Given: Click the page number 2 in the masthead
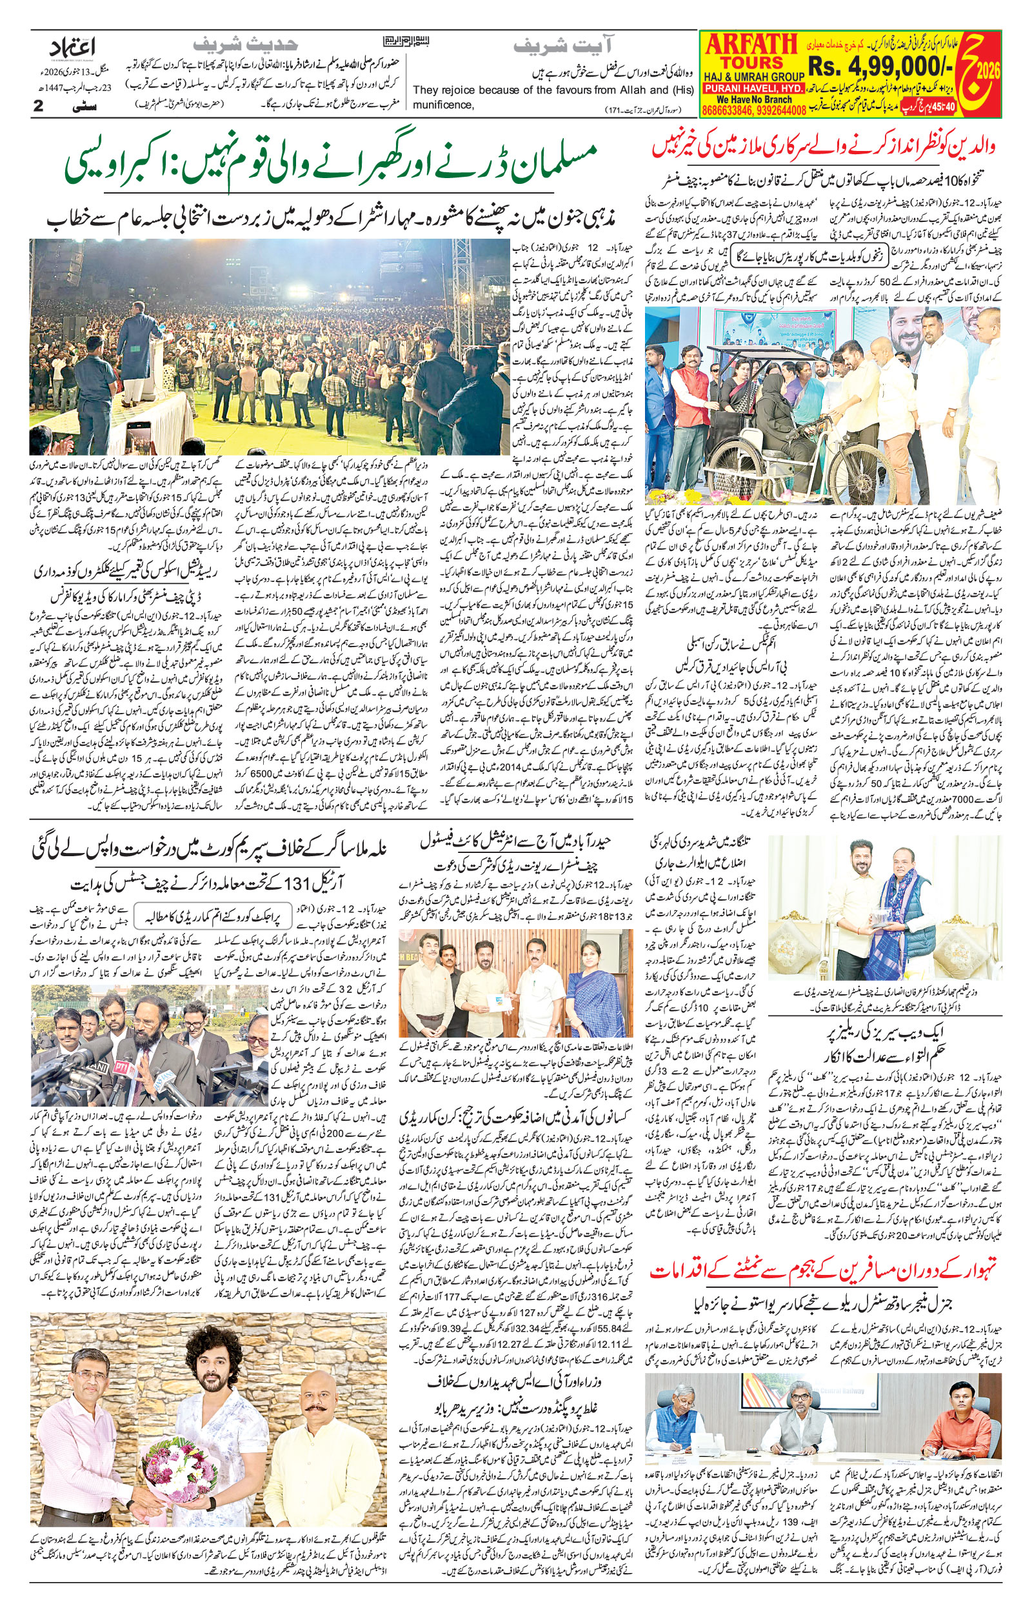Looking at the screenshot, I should [x=39, y=106].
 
